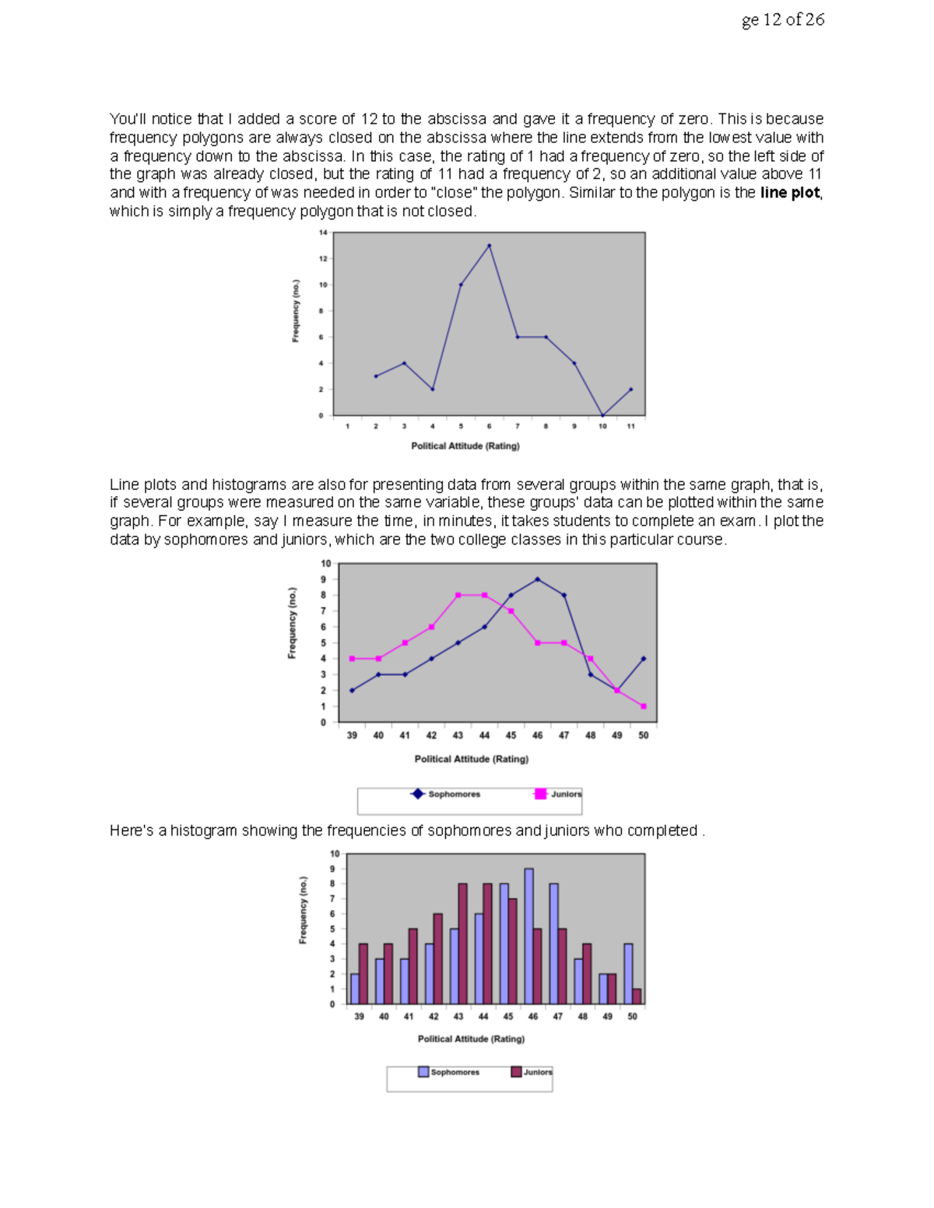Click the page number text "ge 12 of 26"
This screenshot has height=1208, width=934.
click(x=782, y=20)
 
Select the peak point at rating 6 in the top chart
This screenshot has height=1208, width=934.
click(x=489, y=246)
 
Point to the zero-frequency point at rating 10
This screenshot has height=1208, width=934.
click(x=602, y=415)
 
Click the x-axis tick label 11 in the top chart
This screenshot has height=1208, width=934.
click(x=630, y=426)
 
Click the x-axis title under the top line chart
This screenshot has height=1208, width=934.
click(x=465, y=446)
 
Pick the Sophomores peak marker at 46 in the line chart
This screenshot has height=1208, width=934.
click(x=537, y=579)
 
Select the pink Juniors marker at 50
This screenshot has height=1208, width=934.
click(x=644, y=706)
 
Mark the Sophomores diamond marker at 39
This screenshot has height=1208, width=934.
click(x=352, y=691)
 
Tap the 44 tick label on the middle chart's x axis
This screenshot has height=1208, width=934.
click(x=484, y=735)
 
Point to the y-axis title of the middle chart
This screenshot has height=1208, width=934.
click(x=293, y=623)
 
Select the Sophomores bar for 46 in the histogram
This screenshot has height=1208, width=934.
click(x=528, y=937)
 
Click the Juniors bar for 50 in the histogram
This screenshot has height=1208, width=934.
click(x=637, y=996)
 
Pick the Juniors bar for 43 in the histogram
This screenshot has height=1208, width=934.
click(x=462, y=944)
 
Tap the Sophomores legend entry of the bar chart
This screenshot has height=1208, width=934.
click(x=449, y=1072)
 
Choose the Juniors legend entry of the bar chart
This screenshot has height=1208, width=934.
click(x=532, y=1072)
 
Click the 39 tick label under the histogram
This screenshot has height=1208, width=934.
click(x=359, y=1017)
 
